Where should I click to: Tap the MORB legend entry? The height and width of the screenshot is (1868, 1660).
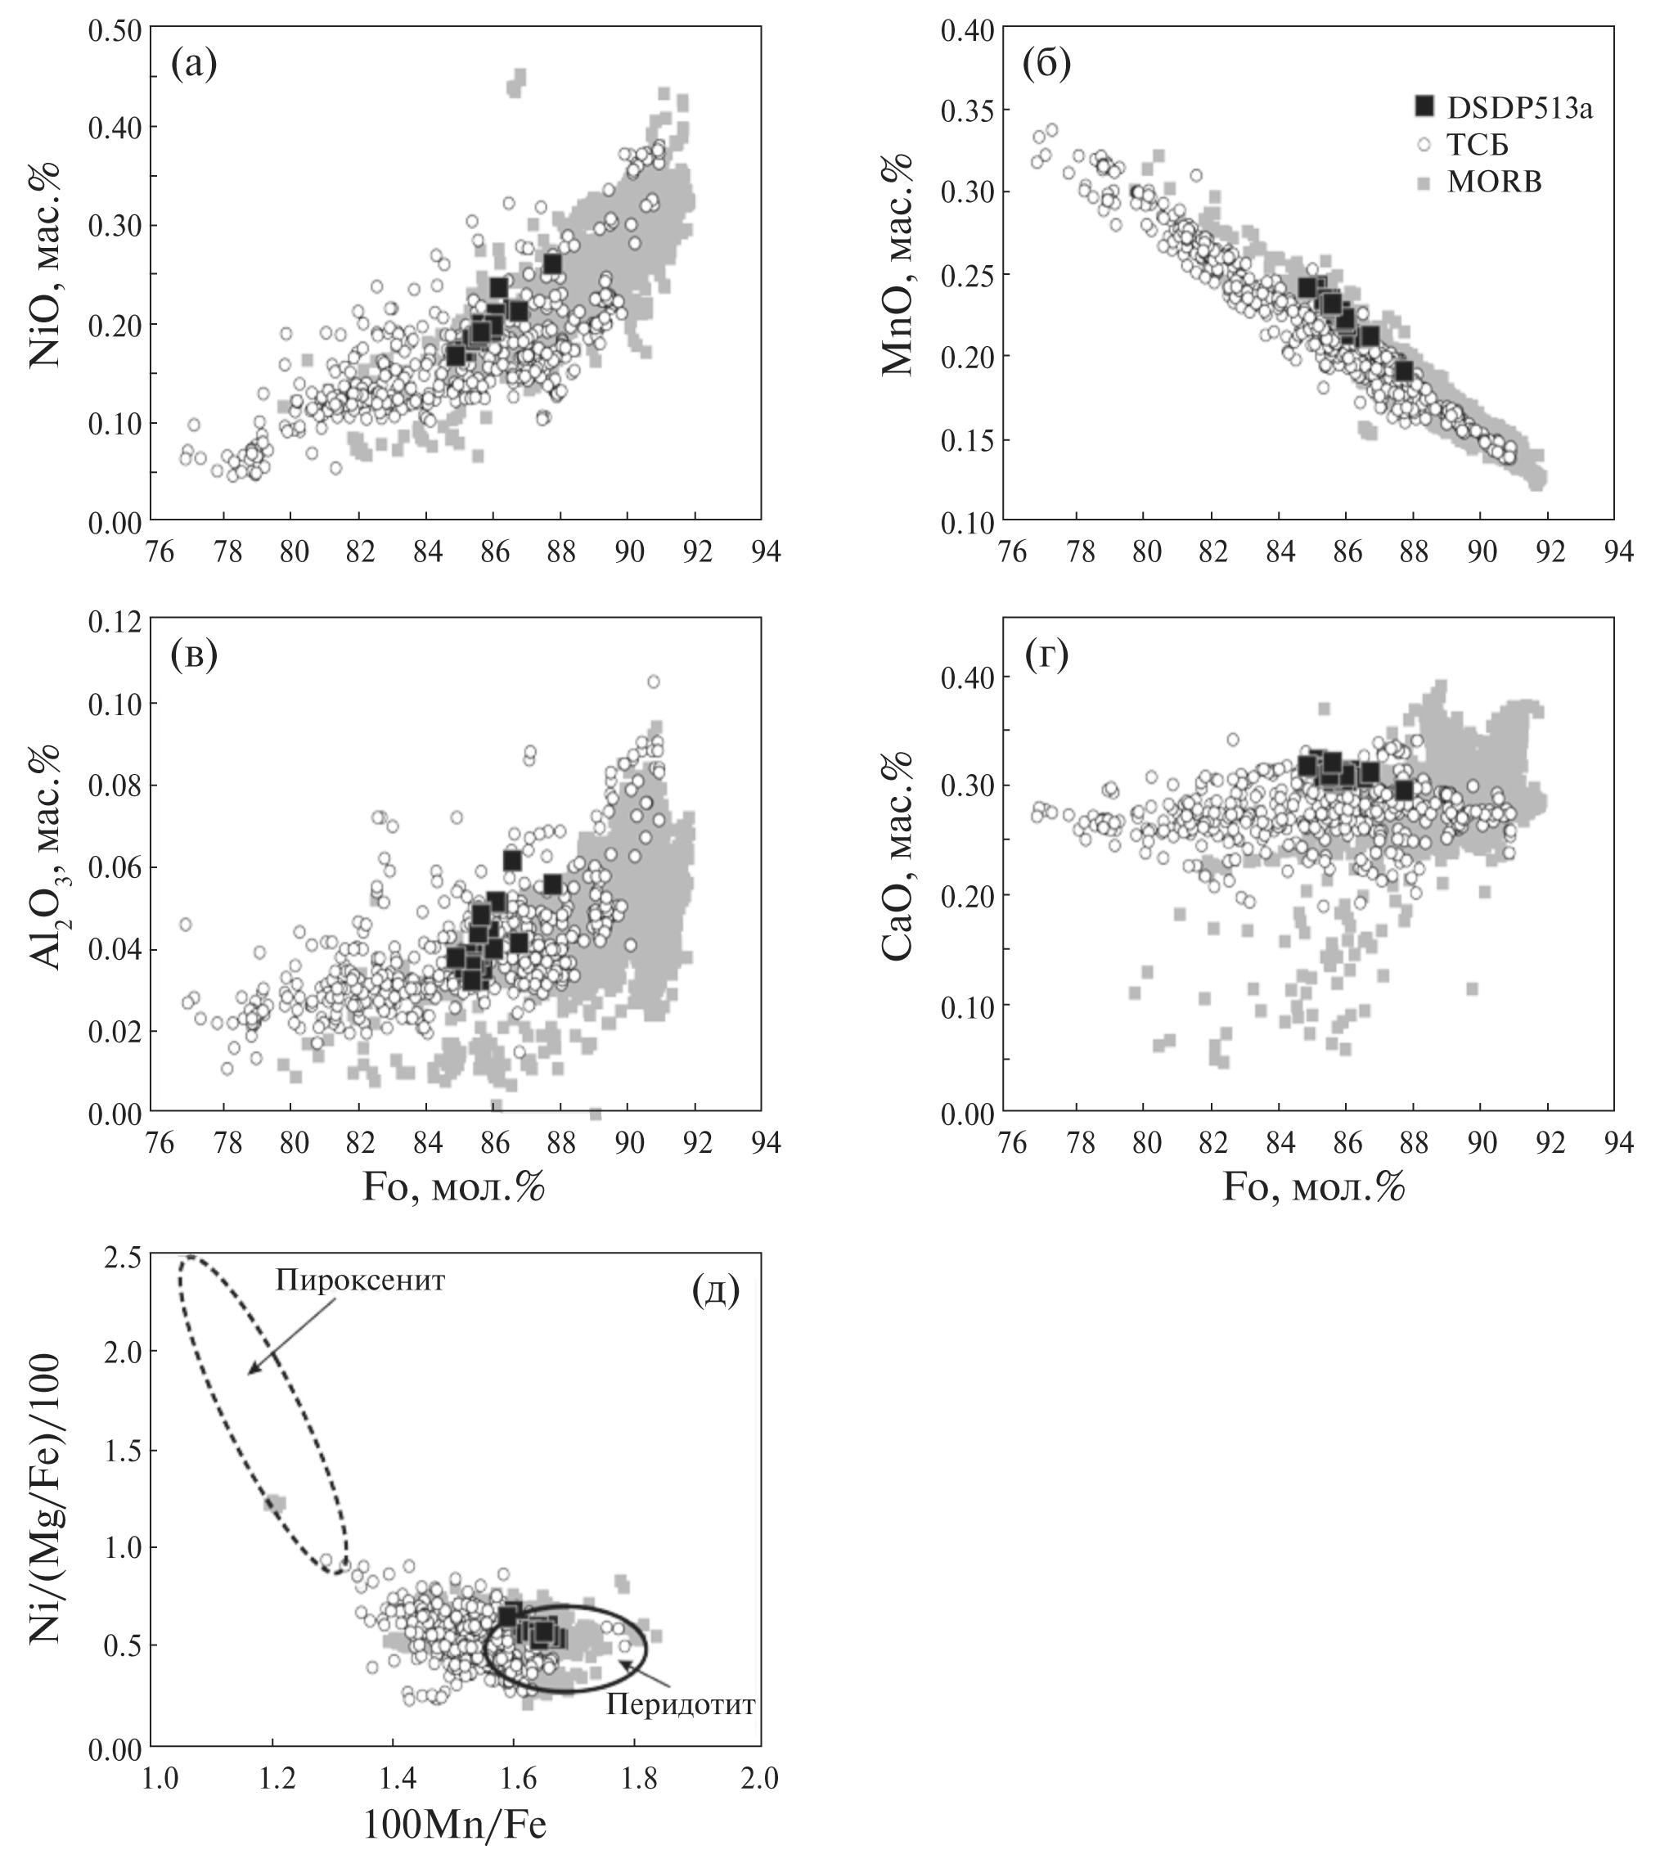tap(1494, 182)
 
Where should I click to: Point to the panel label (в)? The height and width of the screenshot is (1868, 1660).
tap(194, 656)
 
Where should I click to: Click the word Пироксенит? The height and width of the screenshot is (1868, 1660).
tap(359, 1281)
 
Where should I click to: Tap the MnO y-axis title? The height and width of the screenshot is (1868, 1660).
tap(897, 265)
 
